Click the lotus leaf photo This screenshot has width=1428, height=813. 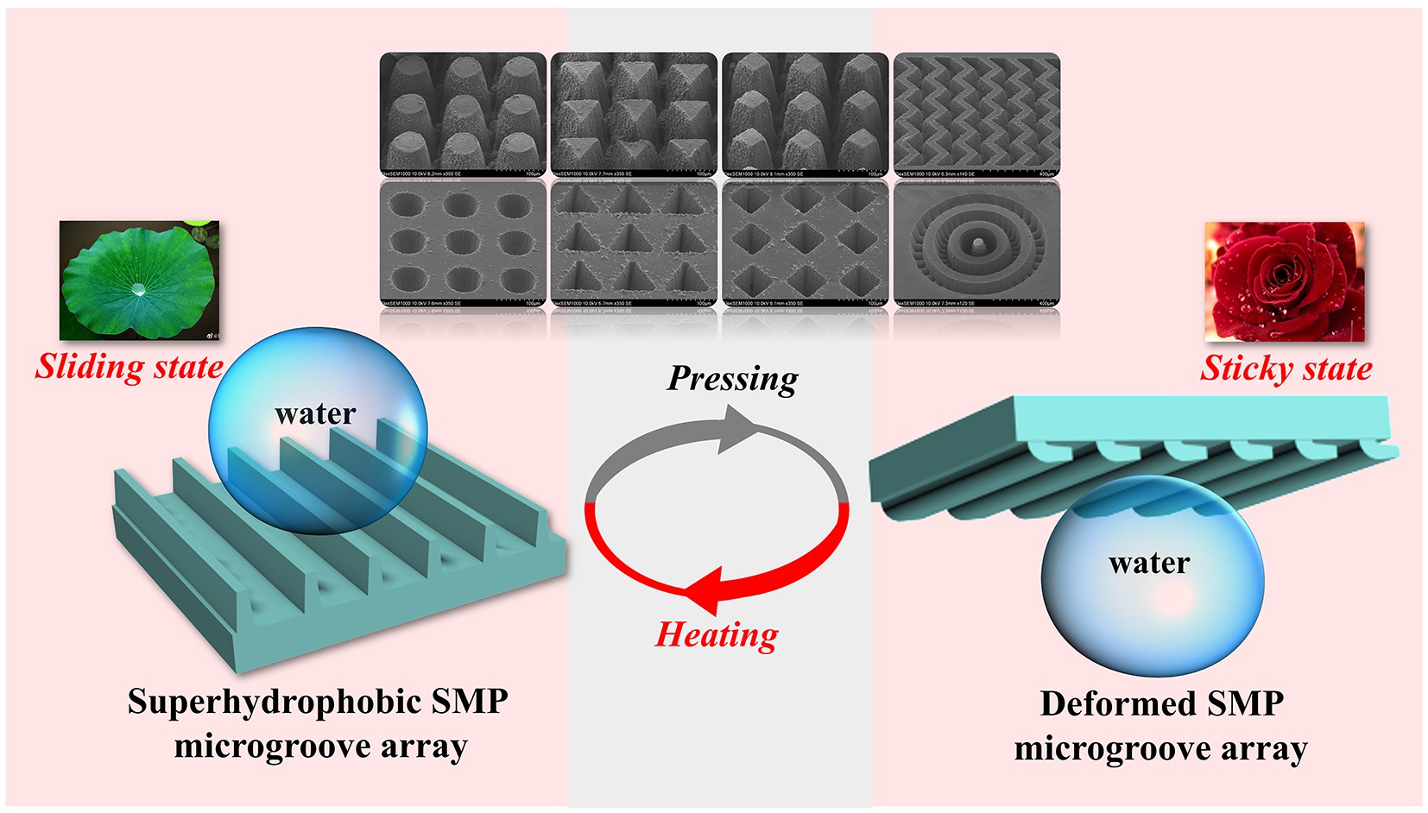pos(138,280)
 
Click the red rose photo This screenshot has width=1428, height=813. pos(1284,281)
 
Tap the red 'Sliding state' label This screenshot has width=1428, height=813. pos(129,367)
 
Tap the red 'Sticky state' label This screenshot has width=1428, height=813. pos(1286,369)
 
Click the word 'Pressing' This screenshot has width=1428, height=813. pos(732,379)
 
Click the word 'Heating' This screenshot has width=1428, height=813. pos(717,634)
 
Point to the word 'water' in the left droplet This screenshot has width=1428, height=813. pos(315,413)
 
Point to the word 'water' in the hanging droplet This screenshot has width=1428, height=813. pos(1149,563)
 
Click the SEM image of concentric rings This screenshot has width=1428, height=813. pos(976,243)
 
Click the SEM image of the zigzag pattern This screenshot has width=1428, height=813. pos(976,112)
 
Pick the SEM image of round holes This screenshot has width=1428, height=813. pos(463,243)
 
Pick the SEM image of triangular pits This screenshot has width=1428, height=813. pos(634,243)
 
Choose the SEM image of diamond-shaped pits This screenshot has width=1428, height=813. pos(805,243)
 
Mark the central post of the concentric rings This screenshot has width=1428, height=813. pos(977,246)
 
